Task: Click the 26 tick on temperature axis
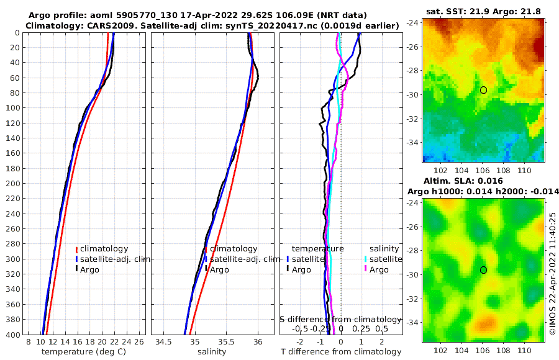coord(139,342)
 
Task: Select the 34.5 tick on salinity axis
coord(163,342)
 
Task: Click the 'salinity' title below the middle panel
coord(211,352)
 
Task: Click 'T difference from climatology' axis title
coord(341,352)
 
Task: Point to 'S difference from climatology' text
coord(341,319)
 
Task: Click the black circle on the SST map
coord(483,90)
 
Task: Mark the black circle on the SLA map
coord(483,270)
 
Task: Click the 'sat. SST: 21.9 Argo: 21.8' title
coord(483,12)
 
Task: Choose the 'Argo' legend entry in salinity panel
coord(219,269)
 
